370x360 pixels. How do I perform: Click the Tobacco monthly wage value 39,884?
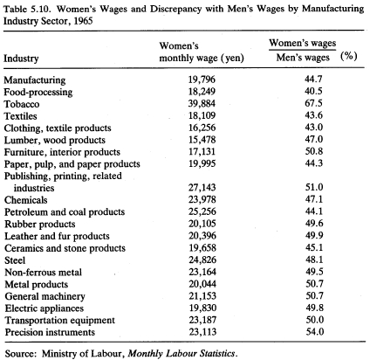tap(202, 103)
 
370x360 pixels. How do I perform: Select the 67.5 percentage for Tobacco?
tap(313, 103)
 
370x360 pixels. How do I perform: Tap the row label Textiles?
tap(20, 116)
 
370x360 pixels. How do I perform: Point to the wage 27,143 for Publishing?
tap(202, 187)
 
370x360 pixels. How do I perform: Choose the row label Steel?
tap(15, 260)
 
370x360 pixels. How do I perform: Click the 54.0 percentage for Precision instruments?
tap(315, 331)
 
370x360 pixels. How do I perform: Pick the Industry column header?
tap(21, 59)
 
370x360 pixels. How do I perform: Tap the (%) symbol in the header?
tap(349, 56)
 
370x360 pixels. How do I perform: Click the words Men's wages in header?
tap(303, 58)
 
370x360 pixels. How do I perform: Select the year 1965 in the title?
tap(83, 21)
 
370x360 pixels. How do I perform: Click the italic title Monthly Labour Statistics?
tap(182, 353)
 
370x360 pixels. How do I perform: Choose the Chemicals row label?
tap(25, 200)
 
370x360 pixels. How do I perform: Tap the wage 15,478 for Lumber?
tap(202, 140)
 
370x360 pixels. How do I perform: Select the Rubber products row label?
tap(40, 224)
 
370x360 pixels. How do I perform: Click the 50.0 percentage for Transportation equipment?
tap(315, 320)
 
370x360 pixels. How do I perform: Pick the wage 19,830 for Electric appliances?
tap(202, 308)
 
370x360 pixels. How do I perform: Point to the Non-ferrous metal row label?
tap(43, 272)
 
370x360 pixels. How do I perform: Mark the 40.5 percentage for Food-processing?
tap(313, 91)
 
